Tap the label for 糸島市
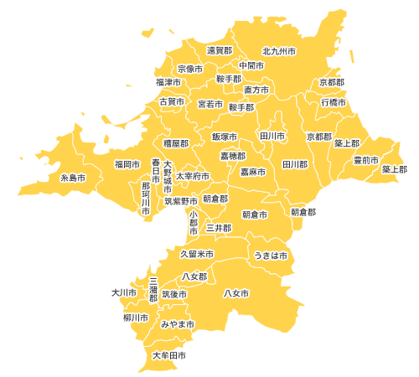tap(73, 178)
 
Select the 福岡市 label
tap(127, 164)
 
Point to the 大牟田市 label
tap(169, 356)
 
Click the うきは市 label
tap(271, 255)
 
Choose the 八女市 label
tap(237, 293)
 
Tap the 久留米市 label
tap(197, 254)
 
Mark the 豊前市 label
tap(365, 159)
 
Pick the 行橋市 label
tap(334, 101)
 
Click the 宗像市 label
tap(191, 68)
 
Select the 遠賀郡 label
tap(220, 51)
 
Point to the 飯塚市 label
tap(225, 136)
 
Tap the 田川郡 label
tap(295, 164)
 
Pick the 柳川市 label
tap(135, 318)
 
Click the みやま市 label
tap(178, 323)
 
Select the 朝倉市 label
tap(255, 214)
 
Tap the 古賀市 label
tap(172, 101)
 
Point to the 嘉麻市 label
tap(253, 172)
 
